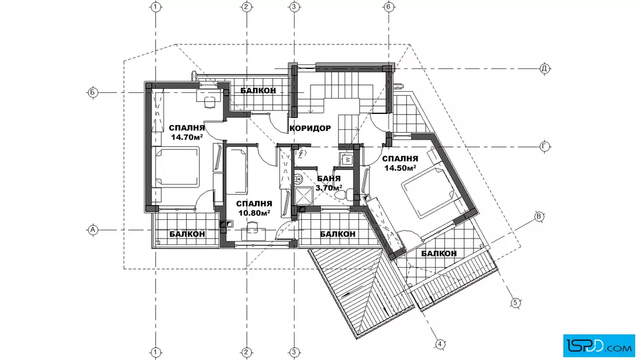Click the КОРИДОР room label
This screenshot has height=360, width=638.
point(310,128)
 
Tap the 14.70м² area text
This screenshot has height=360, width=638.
point(187,137)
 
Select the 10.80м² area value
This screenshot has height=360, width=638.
point(254,212)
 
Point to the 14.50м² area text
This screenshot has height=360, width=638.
point(400,167)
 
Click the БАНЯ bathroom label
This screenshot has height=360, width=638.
point(329,179)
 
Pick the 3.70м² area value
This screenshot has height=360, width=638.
point(329,188)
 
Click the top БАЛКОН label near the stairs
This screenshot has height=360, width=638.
point(258,91)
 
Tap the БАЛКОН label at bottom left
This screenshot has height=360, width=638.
point(187,234)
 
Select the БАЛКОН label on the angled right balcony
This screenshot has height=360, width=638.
point(439,253)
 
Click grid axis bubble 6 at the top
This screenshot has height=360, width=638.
point(388,6)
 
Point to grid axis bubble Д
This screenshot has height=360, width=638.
point(545,68)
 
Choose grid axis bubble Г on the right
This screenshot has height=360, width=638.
point(545,146)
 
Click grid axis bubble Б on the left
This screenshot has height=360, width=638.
point(93,92)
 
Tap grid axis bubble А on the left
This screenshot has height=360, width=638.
point(93,230)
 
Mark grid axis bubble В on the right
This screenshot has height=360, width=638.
point(539,216)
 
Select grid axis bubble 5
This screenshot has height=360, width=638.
point(516,302)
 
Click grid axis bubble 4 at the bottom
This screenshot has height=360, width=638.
point(440,344)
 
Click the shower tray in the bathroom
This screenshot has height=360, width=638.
point(304,195)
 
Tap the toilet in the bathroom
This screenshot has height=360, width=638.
point(344,195)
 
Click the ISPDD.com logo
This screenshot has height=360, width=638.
point(599,345)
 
